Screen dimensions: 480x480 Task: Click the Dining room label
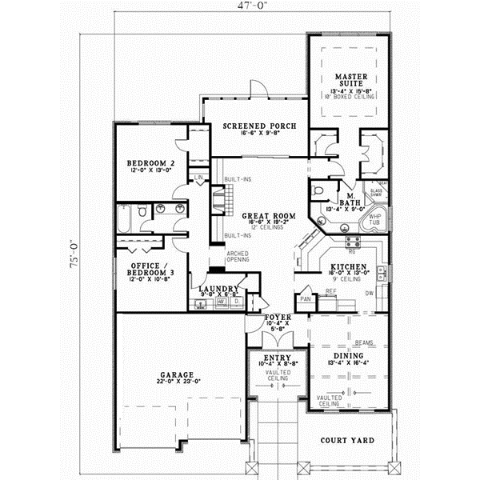348,356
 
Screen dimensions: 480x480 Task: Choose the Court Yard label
346,441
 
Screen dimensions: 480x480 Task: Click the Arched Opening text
214,257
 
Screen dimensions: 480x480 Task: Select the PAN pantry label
305,299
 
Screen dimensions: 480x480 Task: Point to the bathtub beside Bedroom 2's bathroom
126,217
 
